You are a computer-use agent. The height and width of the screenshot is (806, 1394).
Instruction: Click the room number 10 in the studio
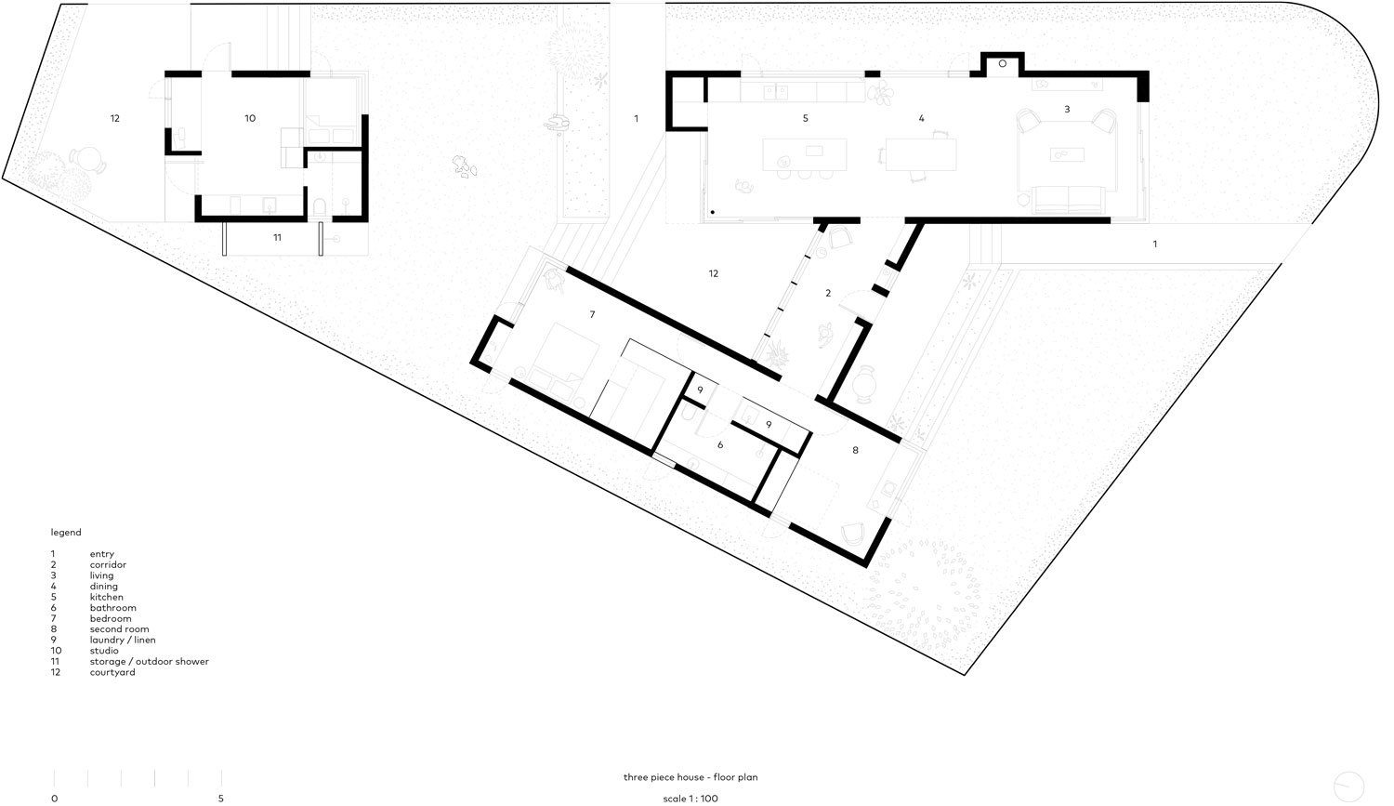(x=250, y=119)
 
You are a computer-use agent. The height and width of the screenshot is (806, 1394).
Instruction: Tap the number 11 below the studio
(x=277, y=239)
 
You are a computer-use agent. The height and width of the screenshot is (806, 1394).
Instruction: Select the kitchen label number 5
(x=805, y=119)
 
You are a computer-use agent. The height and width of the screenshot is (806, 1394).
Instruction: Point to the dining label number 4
(x=921, y=119)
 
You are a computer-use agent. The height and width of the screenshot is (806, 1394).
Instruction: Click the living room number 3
(x=1067, y=110)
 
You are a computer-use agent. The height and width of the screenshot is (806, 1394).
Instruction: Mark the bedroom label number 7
(x=592, y=315)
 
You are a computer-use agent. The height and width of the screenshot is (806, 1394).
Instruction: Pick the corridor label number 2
(x=828, y=294)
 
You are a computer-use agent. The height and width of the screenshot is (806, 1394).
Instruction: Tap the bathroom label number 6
(x=720, y=445)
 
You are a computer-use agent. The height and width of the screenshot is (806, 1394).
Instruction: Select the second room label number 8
(x=855, y=450)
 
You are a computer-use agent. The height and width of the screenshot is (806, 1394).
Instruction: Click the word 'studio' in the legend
(x=104, y=651)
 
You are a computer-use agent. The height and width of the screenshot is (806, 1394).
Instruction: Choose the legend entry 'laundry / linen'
(x=123, y=640)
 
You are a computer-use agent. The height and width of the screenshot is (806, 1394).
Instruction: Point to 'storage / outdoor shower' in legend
(x=149, y=662)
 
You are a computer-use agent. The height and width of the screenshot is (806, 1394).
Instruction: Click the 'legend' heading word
(x=66, y=533)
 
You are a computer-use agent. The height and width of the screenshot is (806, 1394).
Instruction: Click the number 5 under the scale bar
(x=221, y=798)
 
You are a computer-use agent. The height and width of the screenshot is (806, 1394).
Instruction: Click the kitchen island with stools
(x=805, y=154)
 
